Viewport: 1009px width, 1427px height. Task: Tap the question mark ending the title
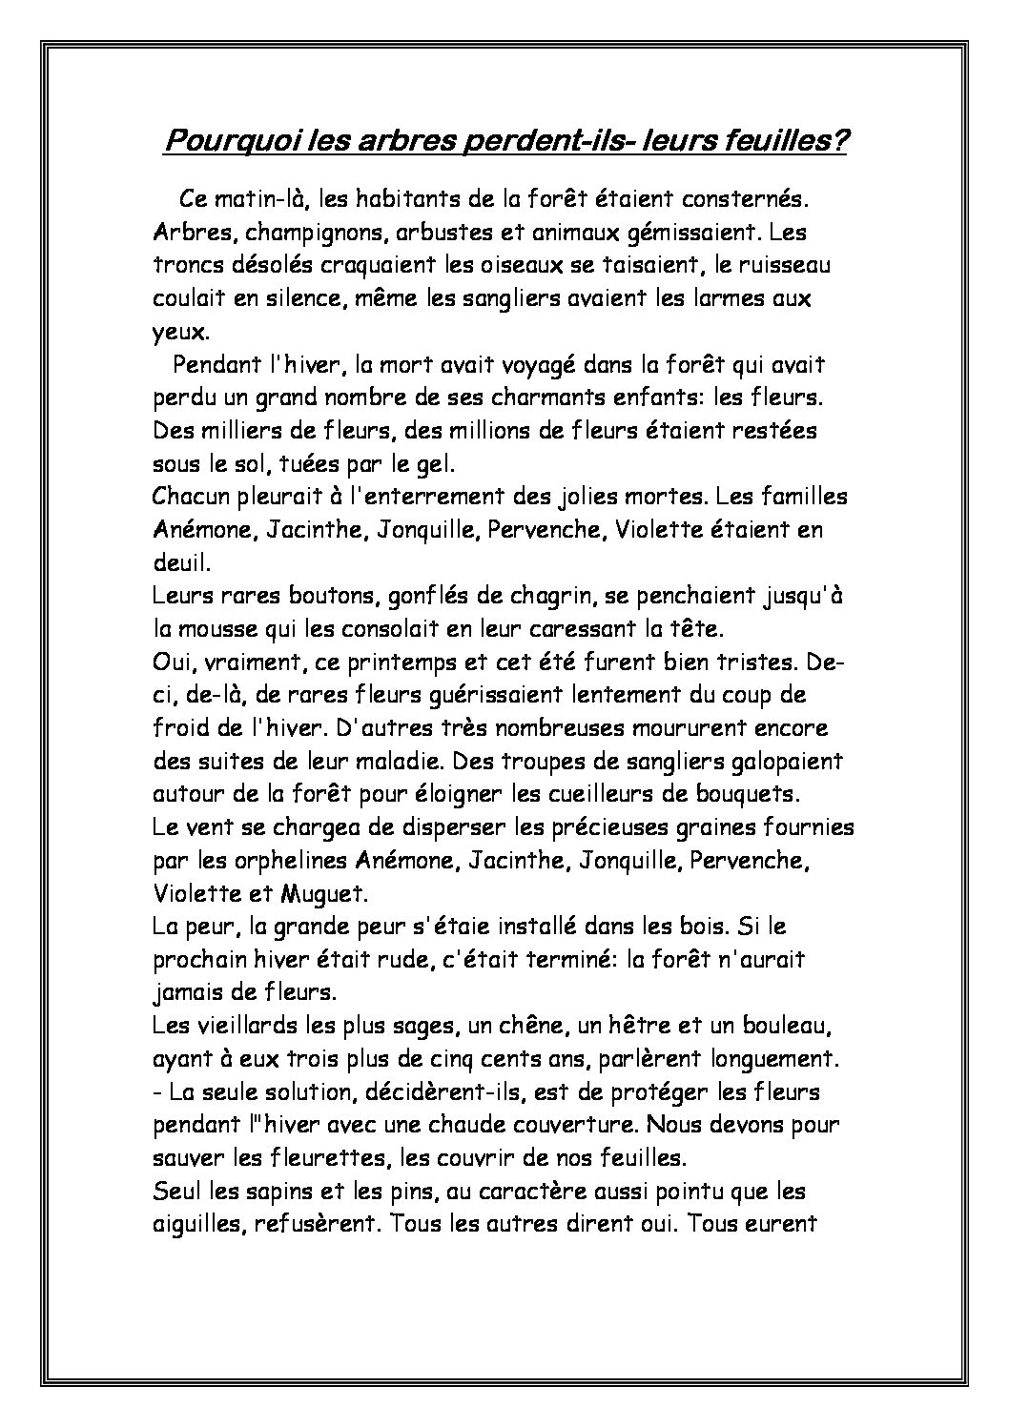[839, 141]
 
